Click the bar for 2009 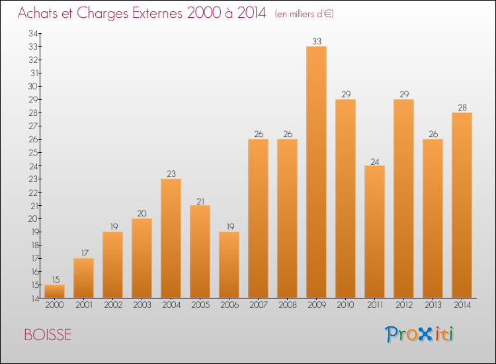[316, 172]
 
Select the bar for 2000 [54, 291]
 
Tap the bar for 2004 [171, 238]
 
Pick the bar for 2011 [374, 232]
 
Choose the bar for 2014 [462, 205]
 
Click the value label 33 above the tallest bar [316, 42]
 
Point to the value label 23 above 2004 [171, 174]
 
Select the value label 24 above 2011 [374, 161]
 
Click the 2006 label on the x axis [229, 305]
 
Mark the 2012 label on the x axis [403, 305]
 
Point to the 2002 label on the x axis [112, 305]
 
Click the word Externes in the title [156, 13]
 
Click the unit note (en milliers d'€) [304, 14]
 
